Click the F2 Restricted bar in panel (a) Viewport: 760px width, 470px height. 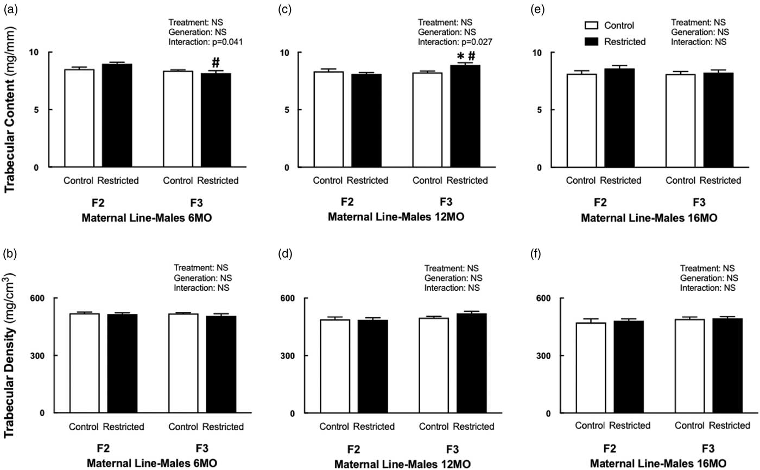click(x=117, y=115)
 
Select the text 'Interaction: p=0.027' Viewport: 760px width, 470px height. click(x=454, y=41)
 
